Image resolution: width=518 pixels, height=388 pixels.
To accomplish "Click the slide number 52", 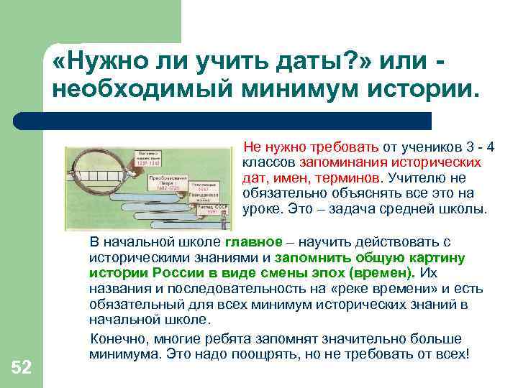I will [22, 368].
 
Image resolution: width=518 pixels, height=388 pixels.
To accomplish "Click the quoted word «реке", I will [349, 290].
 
